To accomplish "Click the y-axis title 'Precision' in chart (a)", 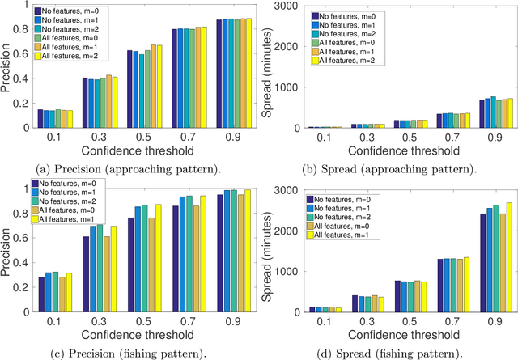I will point(7,67).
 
